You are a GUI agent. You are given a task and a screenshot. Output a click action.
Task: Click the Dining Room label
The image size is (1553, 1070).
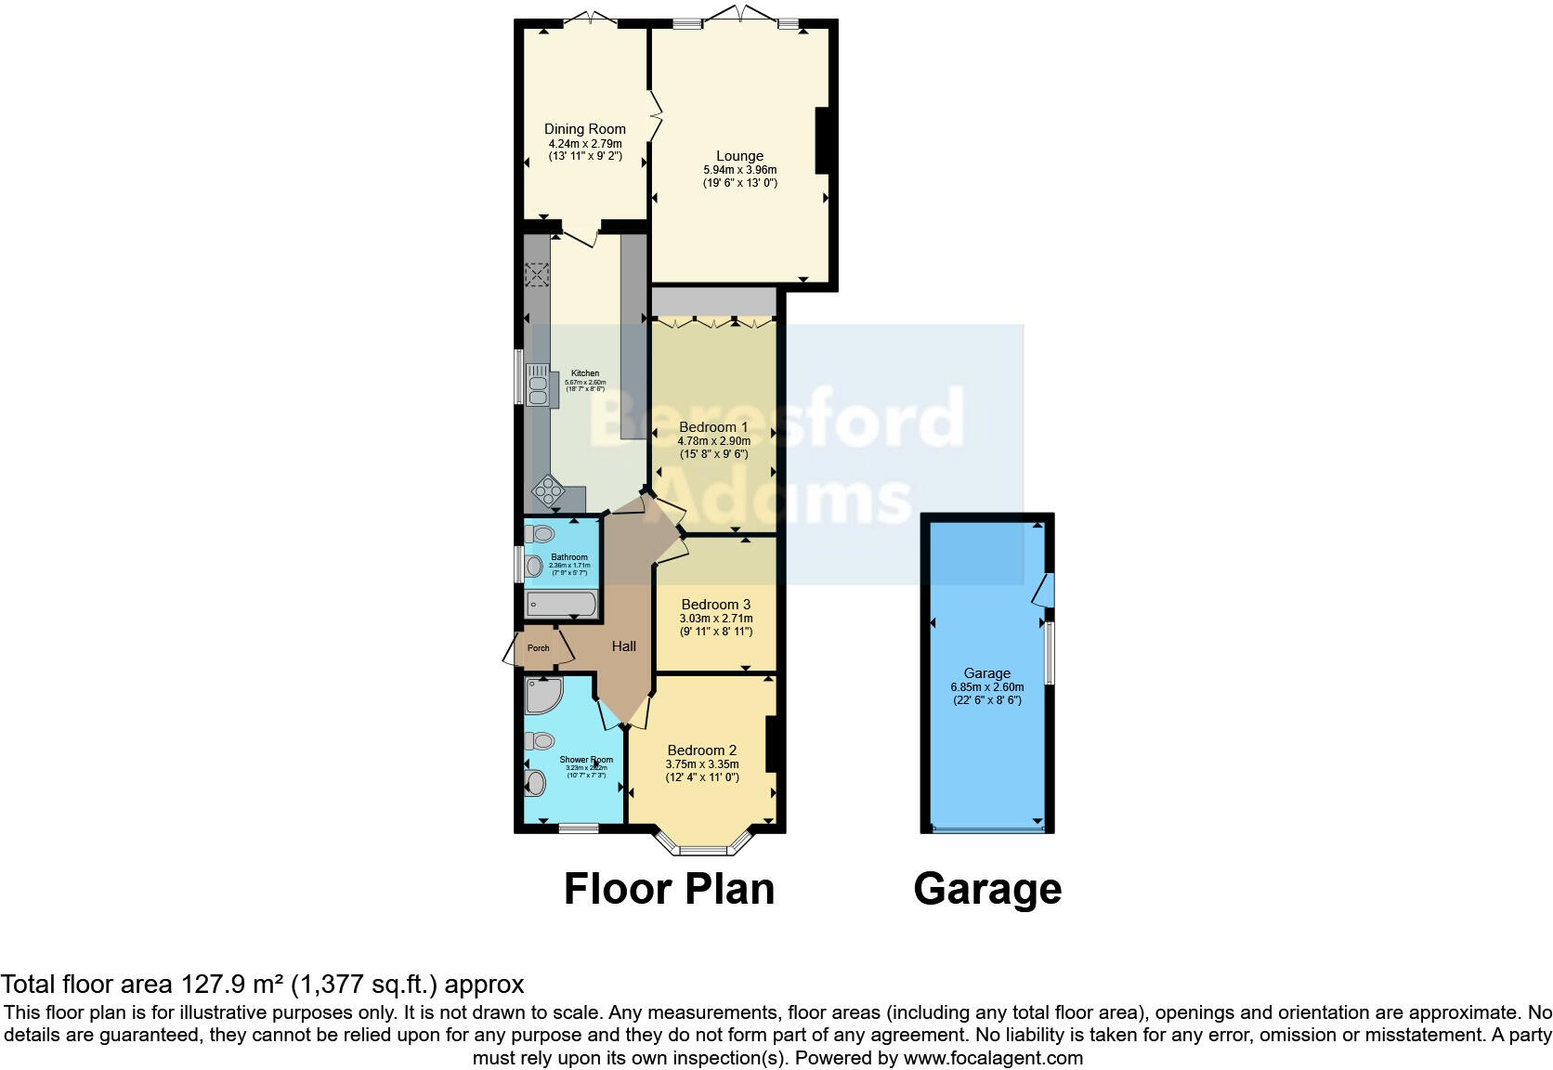tap(584, 129)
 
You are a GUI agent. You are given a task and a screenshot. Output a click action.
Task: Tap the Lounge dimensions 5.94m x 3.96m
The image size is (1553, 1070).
tap(739, 170)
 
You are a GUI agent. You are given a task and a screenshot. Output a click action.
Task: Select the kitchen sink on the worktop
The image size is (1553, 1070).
tap(537, 385)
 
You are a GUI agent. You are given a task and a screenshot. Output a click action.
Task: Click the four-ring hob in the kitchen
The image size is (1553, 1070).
tap(546, 490)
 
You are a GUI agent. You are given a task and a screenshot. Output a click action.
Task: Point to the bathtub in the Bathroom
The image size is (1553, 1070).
tap(561, 606)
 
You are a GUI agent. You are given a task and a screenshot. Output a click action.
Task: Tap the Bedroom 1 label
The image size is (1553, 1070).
tap(712, 427)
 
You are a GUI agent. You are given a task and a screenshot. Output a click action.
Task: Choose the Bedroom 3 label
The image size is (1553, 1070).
tap(715, 605)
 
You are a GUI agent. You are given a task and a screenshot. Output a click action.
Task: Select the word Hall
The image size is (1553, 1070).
tap(623, 646)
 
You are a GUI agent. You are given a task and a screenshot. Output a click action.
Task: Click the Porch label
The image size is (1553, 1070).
tap(538, 648)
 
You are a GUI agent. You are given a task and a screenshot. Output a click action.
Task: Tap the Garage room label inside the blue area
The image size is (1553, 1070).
tap(986, 673)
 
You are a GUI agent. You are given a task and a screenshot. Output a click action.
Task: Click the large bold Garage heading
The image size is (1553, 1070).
tap(986, 889)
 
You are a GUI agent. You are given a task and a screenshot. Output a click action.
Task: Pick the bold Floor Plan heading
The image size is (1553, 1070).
tap(669, 889)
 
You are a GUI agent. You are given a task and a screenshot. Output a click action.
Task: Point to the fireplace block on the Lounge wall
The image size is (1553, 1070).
tap(822, 141)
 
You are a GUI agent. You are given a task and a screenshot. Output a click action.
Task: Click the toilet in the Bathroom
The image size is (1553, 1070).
tap(540, 534)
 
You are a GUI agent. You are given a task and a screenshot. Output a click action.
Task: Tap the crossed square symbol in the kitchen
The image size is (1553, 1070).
tap(537, 275)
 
